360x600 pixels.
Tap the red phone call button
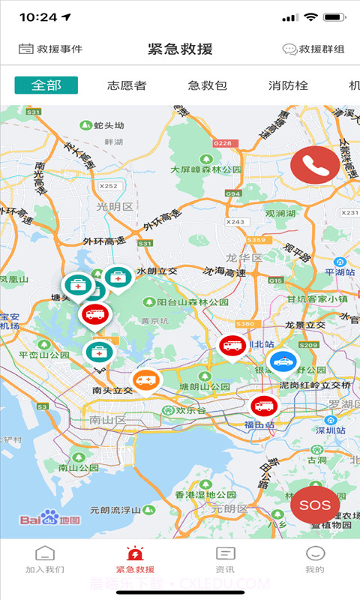315,164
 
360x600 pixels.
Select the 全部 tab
46,85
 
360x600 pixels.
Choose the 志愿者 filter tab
127,85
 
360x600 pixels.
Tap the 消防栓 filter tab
288,85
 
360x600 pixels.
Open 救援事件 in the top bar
50,49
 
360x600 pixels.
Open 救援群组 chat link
313,49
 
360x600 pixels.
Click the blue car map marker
283,362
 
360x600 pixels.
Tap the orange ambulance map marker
147,381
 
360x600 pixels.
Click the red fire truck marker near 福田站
264,406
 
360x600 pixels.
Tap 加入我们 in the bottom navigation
45,559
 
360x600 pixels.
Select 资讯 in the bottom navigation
225,559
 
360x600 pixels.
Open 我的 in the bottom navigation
315,559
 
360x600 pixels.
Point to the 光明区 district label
114,207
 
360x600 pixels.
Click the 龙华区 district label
244,258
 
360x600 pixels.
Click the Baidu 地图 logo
49,518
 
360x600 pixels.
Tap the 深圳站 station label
330,431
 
